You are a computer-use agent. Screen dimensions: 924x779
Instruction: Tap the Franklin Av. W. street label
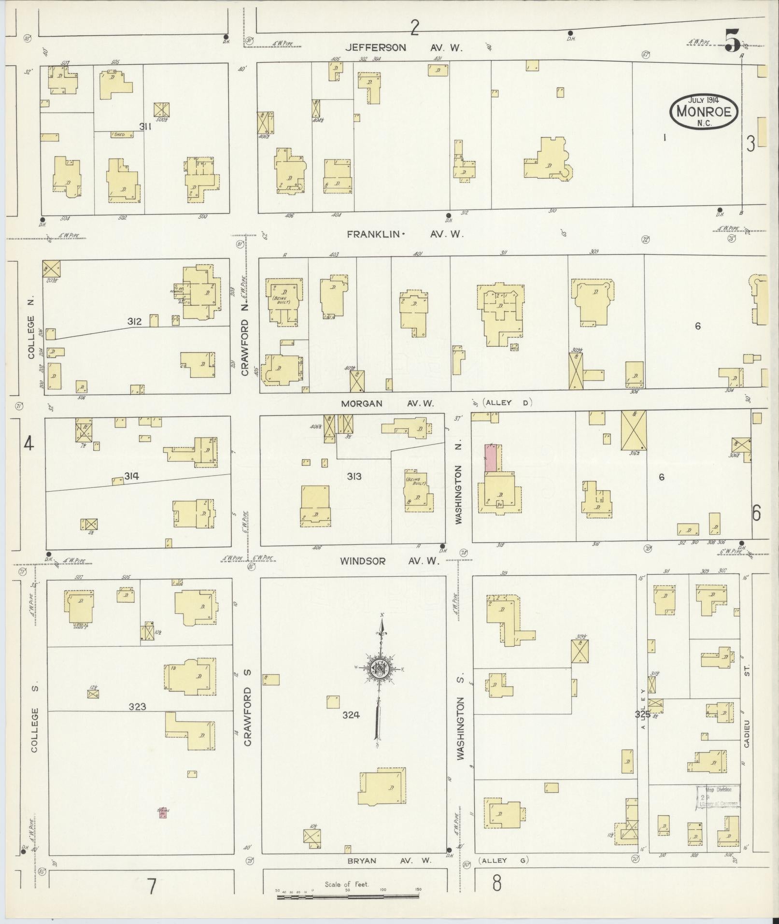[405, 234]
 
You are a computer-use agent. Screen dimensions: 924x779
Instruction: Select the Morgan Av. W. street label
[388, 403]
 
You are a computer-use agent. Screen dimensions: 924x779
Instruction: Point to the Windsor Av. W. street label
[389, 561]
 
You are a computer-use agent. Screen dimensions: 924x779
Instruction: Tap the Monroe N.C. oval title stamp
[704, 112]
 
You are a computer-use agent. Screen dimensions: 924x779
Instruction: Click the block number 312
[135, 321]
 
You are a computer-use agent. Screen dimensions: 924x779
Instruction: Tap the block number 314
[131, 476]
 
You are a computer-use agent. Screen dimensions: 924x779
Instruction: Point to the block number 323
[138, 707]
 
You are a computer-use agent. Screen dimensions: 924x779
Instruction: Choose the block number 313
[354, 477]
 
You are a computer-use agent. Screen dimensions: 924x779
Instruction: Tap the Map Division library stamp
[718, 797]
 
